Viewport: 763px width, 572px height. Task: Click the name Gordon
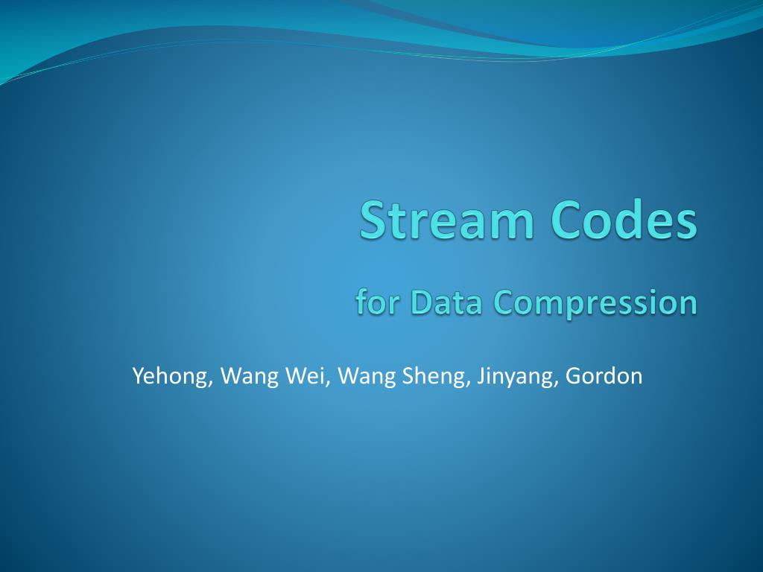[x=604, y=375]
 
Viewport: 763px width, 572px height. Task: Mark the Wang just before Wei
[x=249, y=377]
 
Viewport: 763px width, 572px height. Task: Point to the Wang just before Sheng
[x=367, y=377]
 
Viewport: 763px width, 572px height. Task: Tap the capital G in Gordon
[x=574, y=375]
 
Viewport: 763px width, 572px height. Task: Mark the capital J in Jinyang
[x=481, y=375]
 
